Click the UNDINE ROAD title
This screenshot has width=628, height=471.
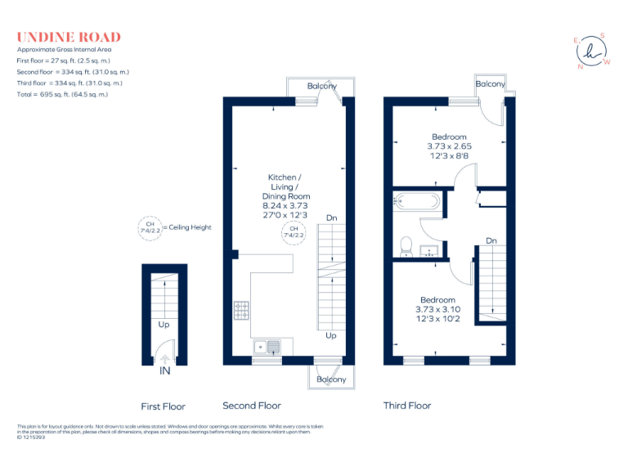(69, 37)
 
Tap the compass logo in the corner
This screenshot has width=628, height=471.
(592, 52)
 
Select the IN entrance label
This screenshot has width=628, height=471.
(164, 371)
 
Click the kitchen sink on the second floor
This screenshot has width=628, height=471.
(267, 346)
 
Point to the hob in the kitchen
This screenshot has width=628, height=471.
(242, 311)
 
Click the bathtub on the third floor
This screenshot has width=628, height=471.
(417, 201)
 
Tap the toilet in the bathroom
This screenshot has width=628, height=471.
(406, 244)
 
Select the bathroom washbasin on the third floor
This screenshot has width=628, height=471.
(428, 250)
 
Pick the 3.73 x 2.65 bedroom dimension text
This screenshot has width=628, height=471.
(449, 146)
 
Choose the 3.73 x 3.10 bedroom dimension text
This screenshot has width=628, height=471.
(438, 309)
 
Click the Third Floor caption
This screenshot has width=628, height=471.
(407, 406)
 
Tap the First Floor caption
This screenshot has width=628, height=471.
(164, 406)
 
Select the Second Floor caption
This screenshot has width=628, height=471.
(252, 406)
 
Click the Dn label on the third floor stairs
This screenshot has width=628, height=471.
(491, 240)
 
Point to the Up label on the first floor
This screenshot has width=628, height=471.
(164, 325)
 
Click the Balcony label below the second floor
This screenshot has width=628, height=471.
(331, 379)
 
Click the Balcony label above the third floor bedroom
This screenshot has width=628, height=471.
(490, 84)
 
